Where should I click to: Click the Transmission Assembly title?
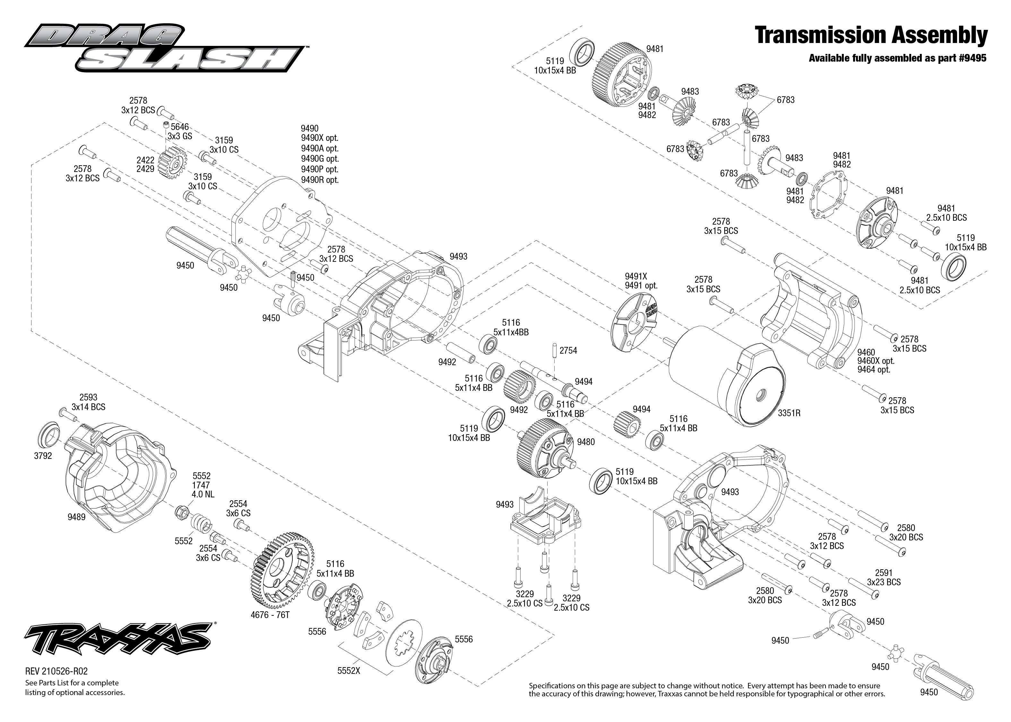click(x=871, y=36)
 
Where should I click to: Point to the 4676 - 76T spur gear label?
click(x=270, y=615)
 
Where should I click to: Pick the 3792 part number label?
click(x=43, y=456)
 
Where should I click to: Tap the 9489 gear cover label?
click(x=76, y=517)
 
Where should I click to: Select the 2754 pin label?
click(x=568, y=350)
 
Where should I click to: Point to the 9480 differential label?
click(x=585, y=442)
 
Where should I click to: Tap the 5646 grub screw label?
click(x=180, y=127)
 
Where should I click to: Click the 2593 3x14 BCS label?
click(x=88, y=398)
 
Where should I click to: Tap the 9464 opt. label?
click(x=874, y=369)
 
